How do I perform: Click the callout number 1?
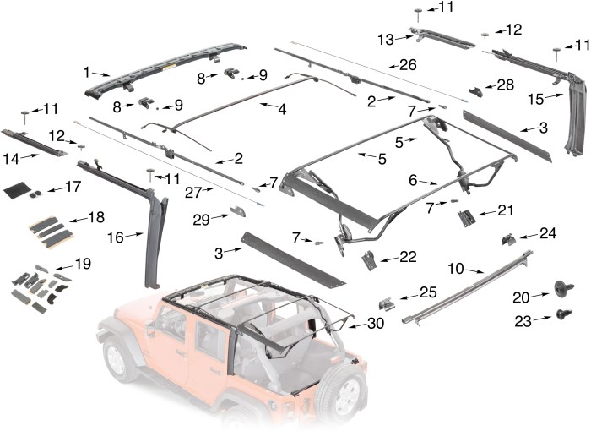(x=88, y=72)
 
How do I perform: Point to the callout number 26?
(x=408, y=65)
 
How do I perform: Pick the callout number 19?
(x=83, y=265)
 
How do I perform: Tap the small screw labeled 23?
(x=559, y=314)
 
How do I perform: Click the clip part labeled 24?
(x=509, y=240)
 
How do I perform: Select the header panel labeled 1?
(x=169, y=66)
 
